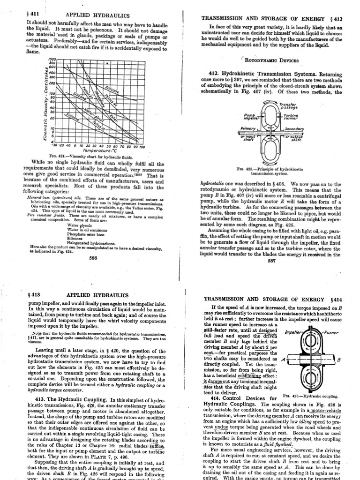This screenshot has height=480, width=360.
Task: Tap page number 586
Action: (x=93, y=257)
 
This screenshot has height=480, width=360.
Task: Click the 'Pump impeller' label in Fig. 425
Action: (x=248, y=117)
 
